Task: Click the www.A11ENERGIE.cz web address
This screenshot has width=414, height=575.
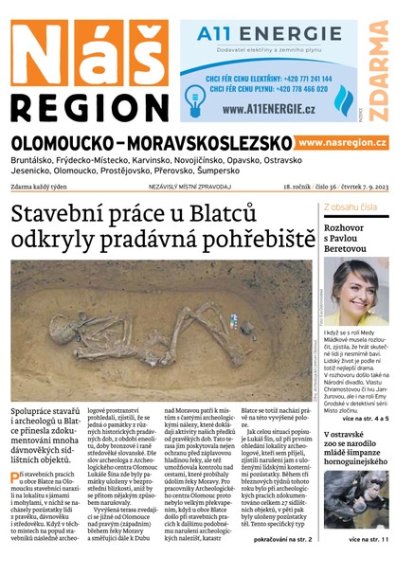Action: pyautogui.click(x=269, y=108)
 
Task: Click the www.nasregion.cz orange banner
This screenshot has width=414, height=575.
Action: pyautogui.click(x=342, y=142)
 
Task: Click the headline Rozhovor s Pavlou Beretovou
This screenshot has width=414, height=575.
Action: pyautogui.click(x=353, y=235)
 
